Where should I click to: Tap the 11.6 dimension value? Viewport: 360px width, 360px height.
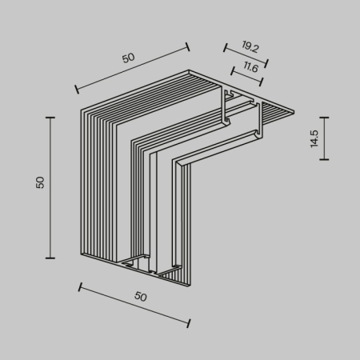pyautogui.click(x=249, y=69)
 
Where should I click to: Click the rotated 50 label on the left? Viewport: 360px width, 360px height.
pyautogui.click(x=40, y=182)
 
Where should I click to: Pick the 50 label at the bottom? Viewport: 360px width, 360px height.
pyautogui.click(x=140, y=296)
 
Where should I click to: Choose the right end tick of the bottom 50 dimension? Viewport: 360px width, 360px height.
pyautogui.click(x=189, y=323)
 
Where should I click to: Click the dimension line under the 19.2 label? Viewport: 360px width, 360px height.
pyautogui.click(x=243, y=57)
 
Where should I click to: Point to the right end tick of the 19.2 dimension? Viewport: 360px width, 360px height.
pyautogui.click(x=266, y=64)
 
